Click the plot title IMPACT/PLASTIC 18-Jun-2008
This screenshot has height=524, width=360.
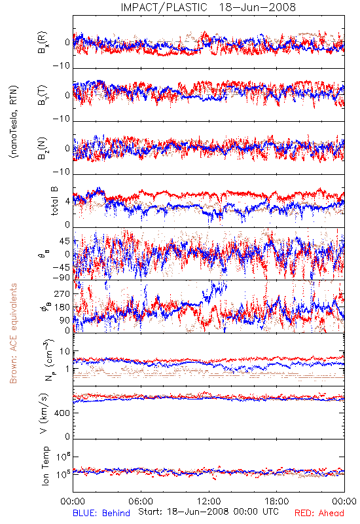click(208, 7)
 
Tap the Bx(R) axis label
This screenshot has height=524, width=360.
click(43, 42)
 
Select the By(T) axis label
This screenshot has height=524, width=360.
click(43, 95)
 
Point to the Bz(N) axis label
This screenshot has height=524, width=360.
click(43, 148)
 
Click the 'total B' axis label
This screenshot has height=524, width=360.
click(54, 201)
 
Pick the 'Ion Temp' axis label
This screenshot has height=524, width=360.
click(45, 466)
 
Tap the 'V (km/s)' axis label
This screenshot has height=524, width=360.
click(44, 413)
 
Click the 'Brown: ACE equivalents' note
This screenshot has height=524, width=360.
click(13, 333)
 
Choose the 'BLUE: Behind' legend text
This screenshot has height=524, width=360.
click(101, 513)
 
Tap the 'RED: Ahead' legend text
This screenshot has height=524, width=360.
click(319, 513)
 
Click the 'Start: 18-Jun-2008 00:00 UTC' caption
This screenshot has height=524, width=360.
click(208, 512)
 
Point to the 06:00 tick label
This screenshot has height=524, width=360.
click(141, 501)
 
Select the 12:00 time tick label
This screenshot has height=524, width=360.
click(209, 501)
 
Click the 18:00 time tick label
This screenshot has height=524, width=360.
click(277, 501)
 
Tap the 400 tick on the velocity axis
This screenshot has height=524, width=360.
click(62, 413)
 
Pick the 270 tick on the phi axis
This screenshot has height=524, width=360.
click(62, 294)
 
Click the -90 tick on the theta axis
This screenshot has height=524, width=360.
click(61, 278)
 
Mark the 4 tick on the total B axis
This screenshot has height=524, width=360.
click(68, 202)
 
